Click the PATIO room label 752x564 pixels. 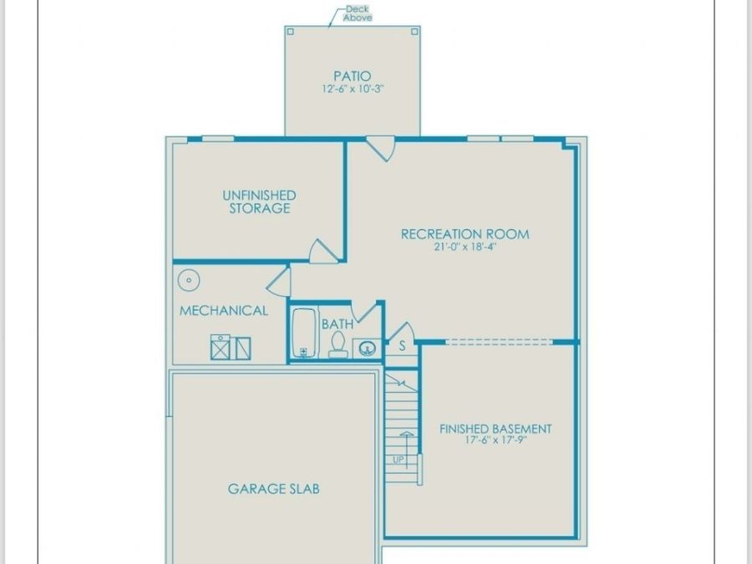pyautogui.click(x=353, y=76)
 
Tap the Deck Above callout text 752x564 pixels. pyautogui.click(x=358, y=13)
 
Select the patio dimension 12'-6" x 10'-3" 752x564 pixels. pyautogui.click(x=353, y=89)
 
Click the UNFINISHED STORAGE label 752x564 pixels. pyautogui.click(x=260, y=202)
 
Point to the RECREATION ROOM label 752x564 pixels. pyautogui.click(x=465, y=234)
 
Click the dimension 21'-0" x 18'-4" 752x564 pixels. pyautogui.click(x=465, y=247)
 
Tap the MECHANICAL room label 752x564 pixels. pyautogui.click(x=223, y=311)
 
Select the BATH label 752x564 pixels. pyautogui.click(x=338, y=324)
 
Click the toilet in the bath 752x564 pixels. pyautogui.click(x=338, y=344)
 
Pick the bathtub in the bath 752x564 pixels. pyautogui.click(x=303, y=333)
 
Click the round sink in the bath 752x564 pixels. pyautogui.click(x=367, y=348)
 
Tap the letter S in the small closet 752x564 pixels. pyautogui.click(x=402, y=345)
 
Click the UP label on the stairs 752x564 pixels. pyautogui.click(x=399, y=460)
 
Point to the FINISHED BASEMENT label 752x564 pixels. pyautogui.click(x=495, y=429)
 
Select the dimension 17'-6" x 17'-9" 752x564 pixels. pyautogui.click(x=495, y=440)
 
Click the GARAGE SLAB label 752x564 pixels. pyautogui.click(x=273, y=489)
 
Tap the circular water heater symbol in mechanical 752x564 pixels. pyautogui.click(x=189, y=280)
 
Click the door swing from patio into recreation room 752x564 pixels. pyautogui.click(x=381, y=149)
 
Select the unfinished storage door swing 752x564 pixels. pyautogui.click(x=323, y=251)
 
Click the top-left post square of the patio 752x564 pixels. pyautogui.click(x=290, y=32)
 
